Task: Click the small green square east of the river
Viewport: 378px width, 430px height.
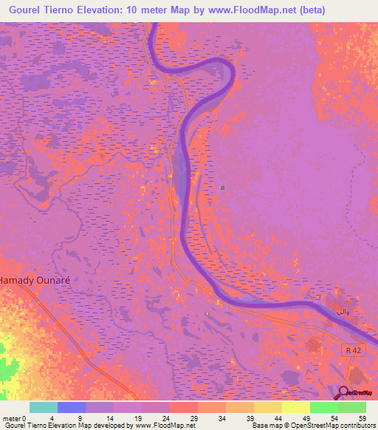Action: point(222,187)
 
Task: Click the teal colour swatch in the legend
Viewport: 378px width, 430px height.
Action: point(44,407)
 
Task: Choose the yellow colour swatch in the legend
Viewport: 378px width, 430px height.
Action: point(295,407)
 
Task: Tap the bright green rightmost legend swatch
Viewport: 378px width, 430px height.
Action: point(351,407)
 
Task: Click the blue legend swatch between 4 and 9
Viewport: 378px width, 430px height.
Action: point(72,407)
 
